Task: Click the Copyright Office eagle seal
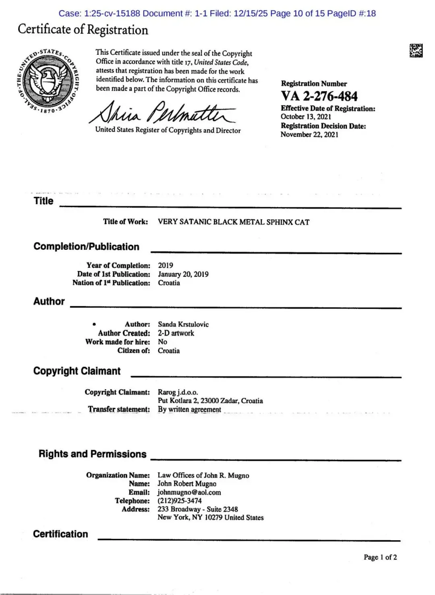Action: click(49, 81)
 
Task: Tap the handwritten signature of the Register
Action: click(162, 113)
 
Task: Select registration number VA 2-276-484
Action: click(319, 96)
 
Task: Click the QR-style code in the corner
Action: click(416, 50)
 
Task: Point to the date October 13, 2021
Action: click(306, 117)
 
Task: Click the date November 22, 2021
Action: click(309, 135)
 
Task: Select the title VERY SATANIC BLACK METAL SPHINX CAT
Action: click(234, 222)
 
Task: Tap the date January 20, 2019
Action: click(183, 274)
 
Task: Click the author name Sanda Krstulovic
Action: click(183, 324)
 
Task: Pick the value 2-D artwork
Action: click(176, 333)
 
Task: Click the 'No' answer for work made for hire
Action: click(162, 342)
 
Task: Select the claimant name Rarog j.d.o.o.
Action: click(178, 392)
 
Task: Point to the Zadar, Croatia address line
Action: click(210, 401)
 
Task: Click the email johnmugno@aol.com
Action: click(189, 492)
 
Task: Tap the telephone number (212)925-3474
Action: click(180, 501)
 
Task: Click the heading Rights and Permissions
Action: click(93, 454)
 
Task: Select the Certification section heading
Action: click(60, 534)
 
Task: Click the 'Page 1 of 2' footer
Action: click(380, 557)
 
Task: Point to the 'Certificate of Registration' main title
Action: click(83, 29)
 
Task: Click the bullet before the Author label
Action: click(94, 324)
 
